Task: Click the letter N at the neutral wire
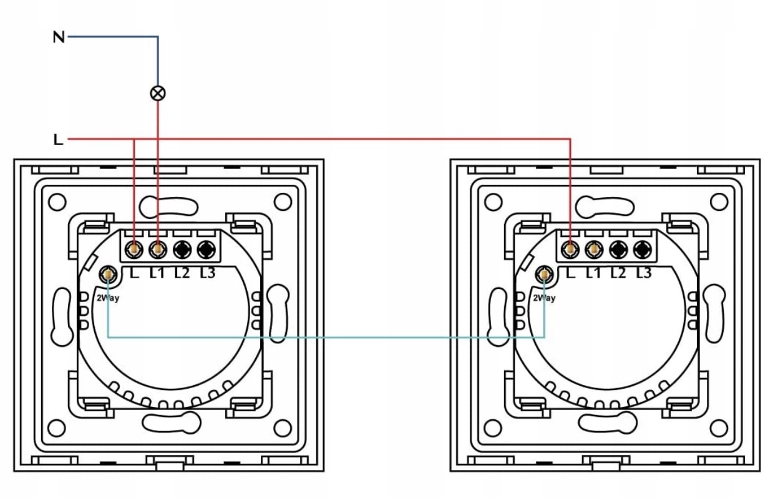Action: (x=58, y=37)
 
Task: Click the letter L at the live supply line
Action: (x=58, y=140)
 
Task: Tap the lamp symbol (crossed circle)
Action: (x=158, y=93)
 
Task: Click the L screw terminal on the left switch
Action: (x=134, y=250)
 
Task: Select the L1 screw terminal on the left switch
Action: (x=158, y=250)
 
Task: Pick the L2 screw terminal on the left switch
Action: (x=182, y=250)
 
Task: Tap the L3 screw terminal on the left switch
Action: (x=206, y=250)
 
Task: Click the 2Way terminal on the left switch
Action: (x=109, y=274)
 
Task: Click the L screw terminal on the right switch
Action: (x=570, y=250)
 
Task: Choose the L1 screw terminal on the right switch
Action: (x=595, y=250)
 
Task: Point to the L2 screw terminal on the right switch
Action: (x=618, y=250)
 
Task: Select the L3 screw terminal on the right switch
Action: (x=642, y=250)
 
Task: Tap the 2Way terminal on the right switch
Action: (x=545, y=274)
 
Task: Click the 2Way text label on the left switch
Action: (x=107, y=298)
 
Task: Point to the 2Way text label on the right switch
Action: (x=544, y=298)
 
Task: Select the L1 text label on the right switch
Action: (x=594, y=272)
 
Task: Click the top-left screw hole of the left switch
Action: (x=57, y=202)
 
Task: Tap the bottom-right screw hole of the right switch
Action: (x=719, y=428)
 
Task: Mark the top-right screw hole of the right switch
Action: (x=719, y=202)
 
